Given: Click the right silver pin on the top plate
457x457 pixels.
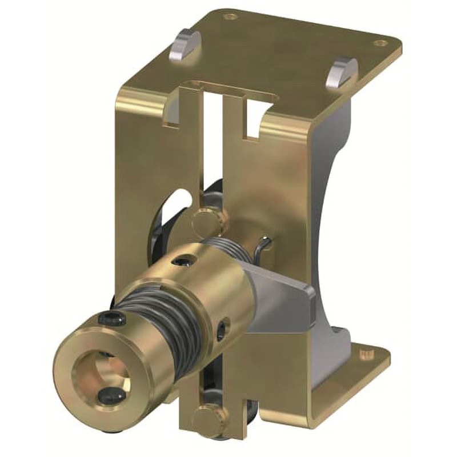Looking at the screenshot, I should click(x=342, y=73).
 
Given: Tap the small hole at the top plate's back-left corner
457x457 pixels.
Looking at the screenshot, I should click(x=230, y=17).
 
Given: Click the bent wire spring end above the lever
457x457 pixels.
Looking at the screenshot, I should click(x=264, y=246).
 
